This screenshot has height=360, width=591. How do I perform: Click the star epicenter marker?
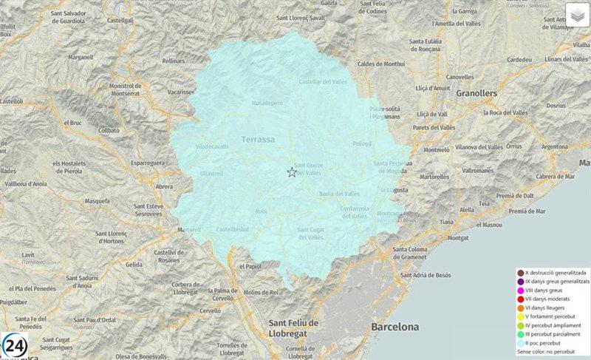click(x=292, y=172)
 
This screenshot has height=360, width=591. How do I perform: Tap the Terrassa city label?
click(x=258, y=139)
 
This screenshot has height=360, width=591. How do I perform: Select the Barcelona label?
click(x=395, y=327)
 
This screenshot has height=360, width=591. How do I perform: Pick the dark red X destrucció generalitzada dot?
click(x=520, y=273)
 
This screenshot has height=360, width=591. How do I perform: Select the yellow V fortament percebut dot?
click(x=520, y=316)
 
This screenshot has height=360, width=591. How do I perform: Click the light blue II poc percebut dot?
click(x=520, y=343)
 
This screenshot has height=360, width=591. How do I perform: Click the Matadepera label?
click(x=267, y=103)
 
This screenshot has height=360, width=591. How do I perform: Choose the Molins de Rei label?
click(x=261, y=293)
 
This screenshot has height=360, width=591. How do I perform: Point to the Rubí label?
click(x=261, y=211)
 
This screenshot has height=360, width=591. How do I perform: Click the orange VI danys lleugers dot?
click(x=520, y=308)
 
